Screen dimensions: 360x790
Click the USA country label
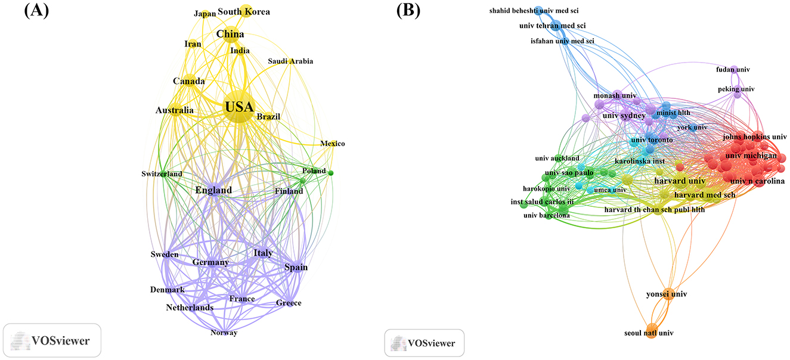pos(239,108)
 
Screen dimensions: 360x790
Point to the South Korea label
pos(243,11)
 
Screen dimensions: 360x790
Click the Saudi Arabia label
pos(290,61)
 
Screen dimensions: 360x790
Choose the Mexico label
pos(332,144)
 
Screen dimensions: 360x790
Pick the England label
pos(213,191)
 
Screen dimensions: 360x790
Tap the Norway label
pos(224,333)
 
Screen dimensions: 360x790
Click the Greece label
pos(289,303)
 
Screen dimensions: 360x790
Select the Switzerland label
pos(162,174)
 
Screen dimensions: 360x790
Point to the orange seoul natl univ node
pos(651,333)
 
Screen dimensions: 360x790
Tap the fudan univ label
pos(733,70)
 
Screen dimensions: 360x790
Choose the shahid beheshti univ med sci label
pos(534,10)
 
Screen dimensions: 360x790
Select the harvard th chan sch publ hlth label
pos(654,210)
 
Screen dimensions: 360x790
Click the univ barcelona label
pos(546,215)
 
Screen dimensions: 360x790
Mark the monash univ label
pos(615,95)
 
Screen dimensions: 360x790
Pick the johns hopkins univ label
pos(751,136)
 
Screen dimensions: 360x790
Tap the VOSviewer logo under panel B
pos(424,343)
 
